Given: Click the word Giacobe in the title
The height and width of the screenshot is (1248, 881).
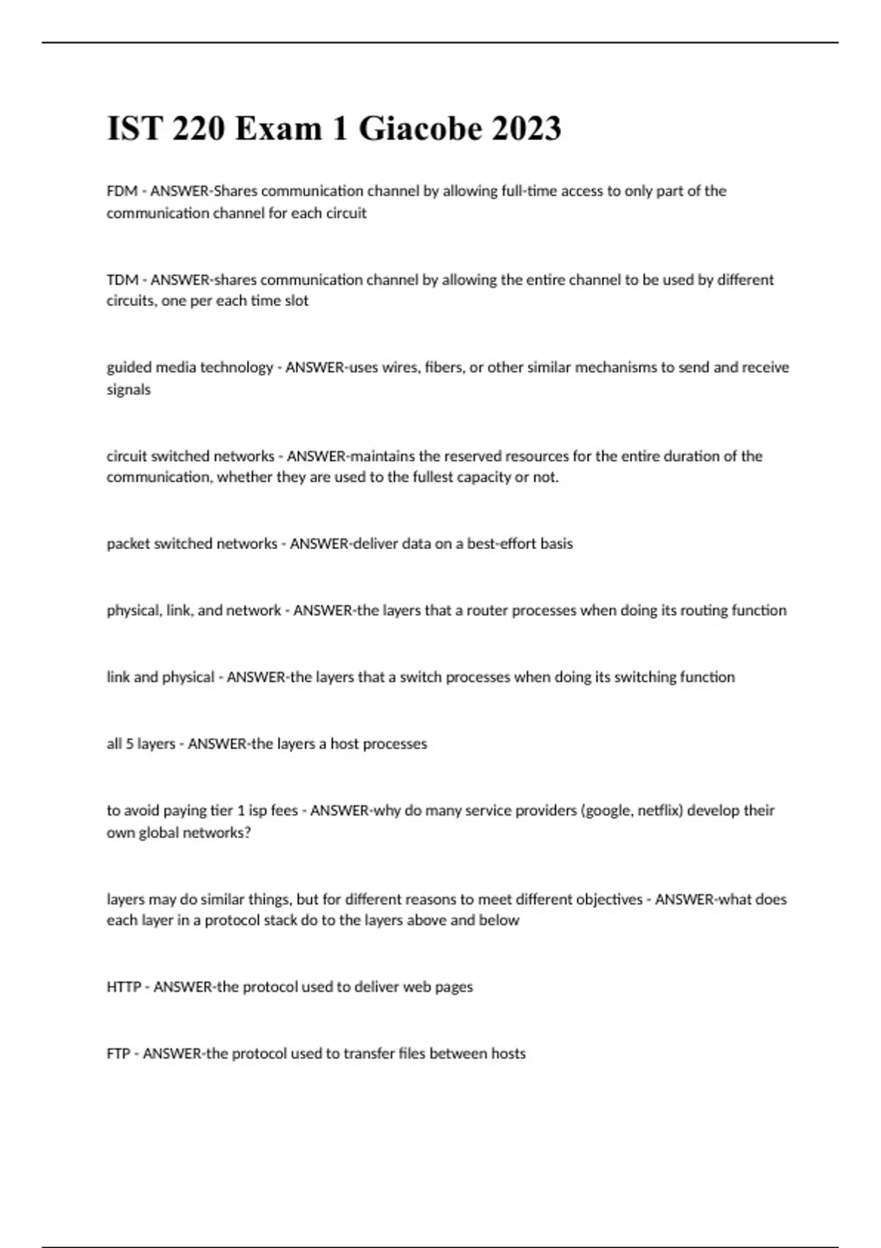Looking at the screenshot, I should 421,128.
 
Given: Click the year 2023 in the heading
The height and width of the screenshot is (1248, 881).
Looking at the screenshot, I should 526,128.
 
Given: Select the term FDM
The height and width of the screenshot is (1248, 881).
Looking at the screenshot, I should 122,191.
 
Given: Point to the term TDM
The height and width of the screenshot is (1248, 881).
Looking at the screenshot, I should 123,280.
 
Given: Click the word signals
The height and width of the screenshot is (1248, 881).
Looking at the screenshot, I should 128,389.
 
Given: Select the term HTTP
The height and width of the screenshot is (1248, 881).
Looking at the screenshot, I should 123,987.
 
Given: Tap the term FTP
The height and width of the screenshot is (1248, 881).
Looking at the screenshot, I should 118,1053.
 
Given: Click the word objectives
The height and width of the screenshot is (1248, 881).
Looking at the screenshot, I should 608,899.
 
